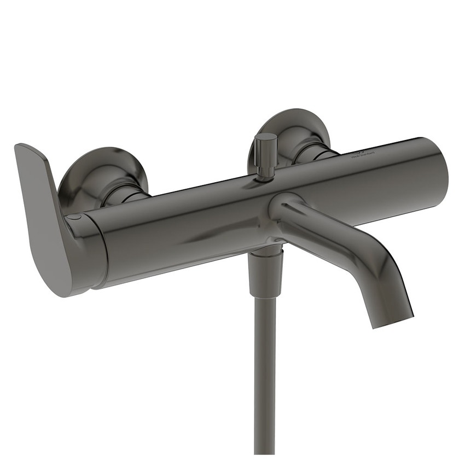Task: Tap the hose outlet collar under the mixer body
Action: (x=266, y=252)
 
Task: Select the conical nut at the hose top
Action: (x=265, y=279)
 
